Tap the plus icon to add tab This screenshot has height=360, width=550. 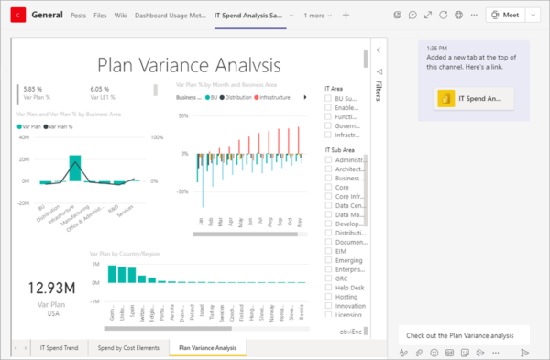click(346, 16)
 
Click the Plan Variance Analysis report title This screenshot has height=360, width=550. click(189, 65)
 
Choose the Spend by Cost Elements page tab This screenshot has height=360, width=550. click(128, 348)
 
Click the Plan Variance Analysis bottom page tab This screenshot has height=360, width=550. click(208, 348)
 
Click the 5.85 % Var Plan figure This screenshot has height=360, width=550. click(32, 89)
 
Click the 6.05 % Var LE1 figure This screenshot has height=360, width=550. click(100, 89)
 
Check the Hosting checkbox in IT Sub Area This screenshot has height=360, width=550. click(329, 297)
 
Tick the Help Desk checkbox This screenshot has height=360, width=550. click(329, 286)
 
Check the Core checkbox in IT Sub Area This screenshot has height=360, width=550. click(329, 186)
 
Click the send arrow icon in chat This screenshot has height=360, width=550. click(525, 352)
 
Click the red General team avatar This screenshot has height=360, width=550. click(15, 16)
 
